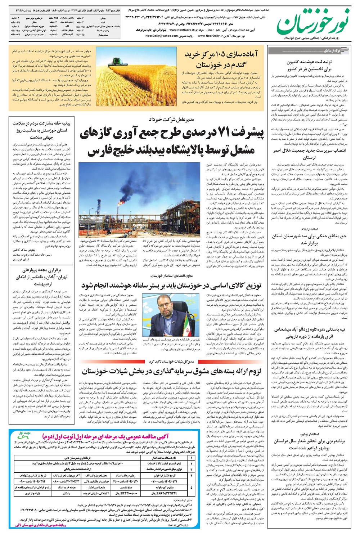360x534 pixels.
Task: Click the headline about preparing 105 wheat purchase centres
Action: tap(221, 59)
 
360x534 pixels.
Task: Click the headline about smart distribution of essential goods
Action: tap(171, 286)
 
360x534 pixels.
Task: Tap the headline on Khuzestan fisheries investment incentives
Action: tap(171, 371)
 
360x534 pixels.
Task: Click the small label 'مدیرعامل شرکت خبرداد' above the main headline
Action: tap(172, 119)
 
